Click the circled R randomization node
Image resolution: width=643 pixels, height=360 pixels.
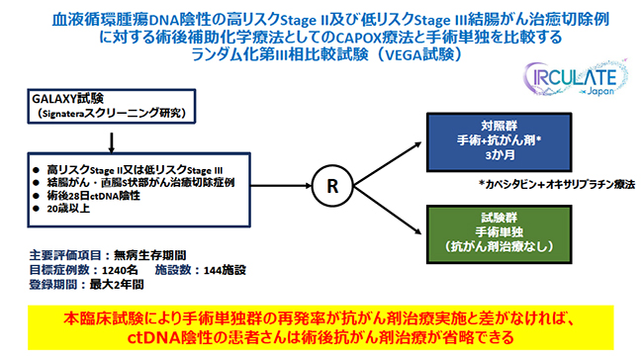[332, 186]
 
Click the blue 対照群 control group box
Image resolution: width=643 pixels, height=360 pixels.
[499, 141]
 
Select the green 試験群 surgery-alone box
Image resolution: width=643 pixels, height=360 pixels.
[499, 234]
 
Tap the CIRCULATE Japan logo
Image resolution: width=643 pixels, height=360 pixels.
[576, 78]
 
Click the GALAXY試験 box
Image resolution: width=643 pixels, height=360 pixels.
[112, 106]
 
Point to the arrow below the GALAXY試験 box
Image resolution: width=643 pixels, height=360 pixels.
[111, 142]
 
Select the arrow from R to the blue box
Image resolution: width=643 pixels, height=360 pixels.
[388, 164]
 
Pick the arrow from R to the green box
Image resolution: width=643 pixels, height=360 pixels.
[388, 210]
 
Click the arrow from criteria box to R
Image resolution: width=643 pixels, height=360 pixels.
[281, 186]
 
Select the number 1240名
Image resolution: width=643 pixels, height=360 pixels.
[120, 270]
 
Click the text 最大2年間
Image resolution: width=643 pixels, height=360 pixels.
[117, 284]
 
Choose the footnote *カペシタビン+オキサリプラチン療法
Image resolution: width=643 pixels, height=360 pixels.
[557, 184]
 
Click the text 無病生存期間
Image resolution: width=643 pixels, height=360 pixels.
[149, 255]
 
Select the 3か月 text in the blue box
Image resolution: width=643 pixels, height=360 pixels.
[500, 155]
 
